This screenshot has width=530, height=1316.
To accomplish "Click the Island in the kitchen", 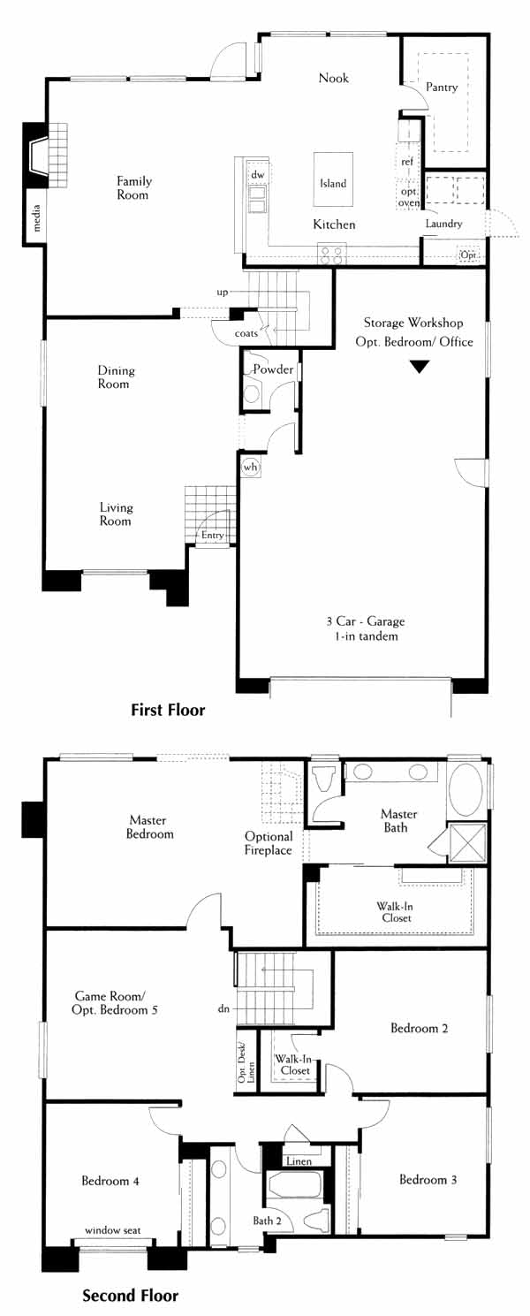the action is pos(333,179).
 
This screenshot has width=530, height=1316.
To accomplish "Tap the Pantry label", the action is pos(442,87).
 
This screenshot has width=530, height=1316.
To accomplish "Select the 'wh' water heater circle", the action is pos(251,467).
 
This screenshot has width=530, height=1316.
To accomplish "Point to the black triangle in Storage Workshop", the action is pos(420,368).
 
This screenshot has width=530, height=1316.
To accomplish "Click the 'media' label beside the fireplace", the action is pos(36,217).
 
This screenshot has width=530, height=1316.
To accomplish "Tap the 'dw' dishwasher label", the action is pos(258,174).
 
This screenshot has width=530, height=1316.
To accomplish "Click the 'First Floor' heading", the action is pos(168,710).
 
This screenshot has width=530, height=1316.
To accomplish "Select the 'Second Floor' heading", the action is pos(131,1295).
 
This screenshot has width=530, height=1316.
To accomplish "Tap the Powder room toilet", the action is pos(251,392).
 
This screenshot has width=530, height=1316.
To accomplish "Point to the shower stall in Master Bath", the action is pos(467,843).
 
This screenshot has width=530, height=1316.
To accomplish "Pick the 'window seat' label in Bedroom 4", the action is pos(113,1229).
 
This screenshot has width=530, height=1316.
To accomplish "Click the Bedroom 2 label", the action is pos(419,1028).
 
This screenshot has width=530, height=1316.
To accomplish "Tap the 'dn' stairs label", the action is pos(223,1008).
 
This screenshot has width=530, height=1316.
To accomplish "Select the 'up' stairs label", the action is pos(223,292).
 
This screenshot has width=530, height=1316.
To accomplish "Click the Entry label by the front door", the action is pos(213,536).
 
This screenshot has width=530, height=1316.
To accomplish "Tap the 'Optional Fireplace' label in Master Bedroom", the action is pos(269,843).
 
